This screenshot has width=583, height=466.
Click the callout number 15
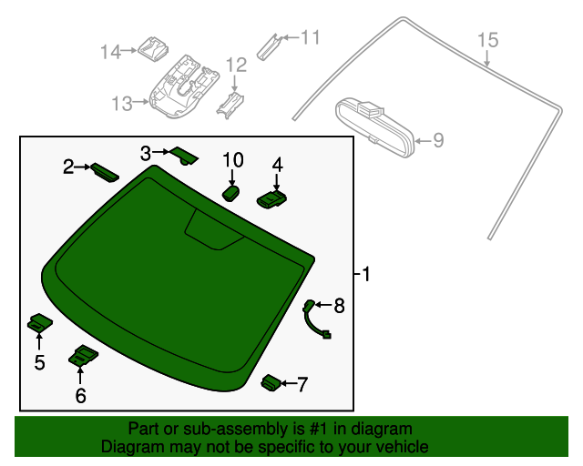point(488,40)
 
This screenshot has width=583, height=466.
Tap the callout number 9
point(437,140)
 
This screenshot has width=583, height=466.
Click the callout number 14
point(110,52)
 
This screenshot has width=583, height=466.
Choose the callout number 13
point(122,104)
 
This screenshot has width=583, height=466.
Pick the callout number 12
point(236,65)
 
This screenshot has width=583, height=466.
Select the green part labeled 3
point(185,156)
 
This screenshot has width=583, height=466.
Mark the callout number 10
point(233,160)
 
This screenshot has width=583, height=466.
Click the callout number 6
point(80,395)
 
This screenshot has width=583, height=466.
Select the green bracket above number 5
point(40,322)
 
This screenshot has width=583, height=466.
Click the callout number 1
point(365,274)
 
